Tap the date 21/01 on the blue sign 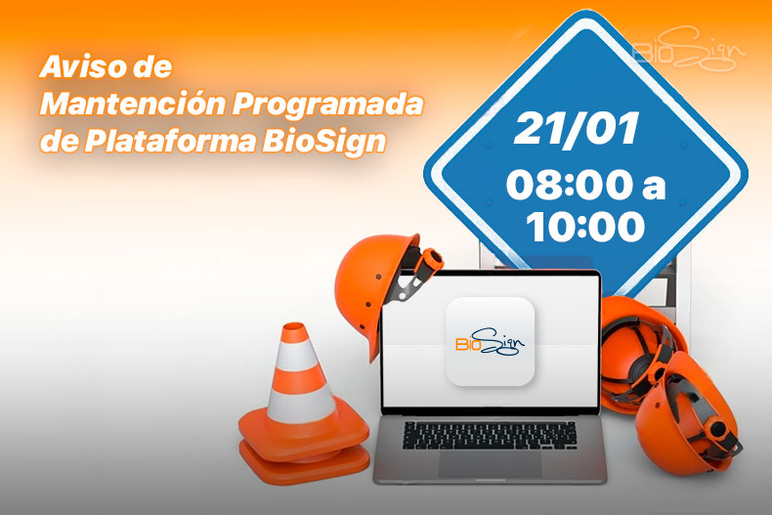(x=577, y=129)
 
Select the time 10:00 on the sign (x=585, y=227)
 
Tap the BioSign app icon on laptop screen (x=490, y=340)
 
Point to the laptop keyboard (x=489, y=434)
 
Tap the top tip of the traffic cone (x=291, y=330)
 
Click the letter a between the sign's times (x=650, y=187)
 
